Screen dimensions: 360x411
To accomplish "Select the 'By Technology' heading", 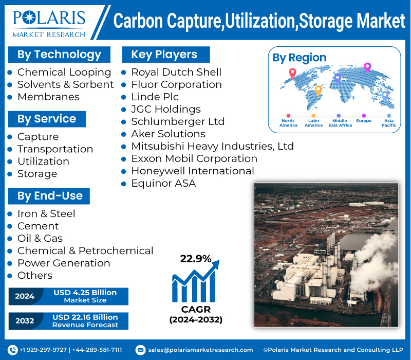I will (x=59, y=55).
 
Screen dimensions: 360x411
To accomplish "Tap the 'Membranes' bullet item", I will (x=48, y=97).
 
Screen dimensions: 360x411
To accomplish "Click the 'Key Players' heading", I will (x=164, y=55).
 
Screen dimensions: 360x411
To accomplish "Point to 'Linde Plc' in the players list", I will (x=155, y=97).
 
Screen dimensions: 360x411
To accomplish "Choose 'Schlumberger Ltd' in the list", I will (x=177, y=121).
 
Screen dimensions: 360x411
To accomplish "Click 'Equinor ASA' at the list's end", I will (x=163, y=183).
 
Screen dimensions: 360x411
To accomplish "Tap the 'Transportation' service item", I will (x=55, y=149).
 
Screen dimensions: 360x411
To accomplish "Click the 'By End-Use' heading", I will (x=50, y=196).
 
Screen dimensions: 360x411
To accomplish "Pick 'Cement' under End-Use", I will (x=38, y=226).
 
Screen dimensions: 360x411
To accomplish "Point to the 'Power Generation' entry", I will (x=64, y=263).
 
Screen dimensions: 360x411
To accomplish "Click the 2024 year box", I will (x=25, y=296).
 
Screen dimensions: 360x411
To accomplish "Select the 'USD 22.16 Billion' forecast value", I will (x=85, y=317).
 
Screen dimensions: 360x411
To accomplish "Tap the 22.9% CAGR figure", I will (x=195, y=259).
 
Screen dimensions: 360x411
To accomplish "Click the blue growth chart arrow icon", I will (x=195, y=282).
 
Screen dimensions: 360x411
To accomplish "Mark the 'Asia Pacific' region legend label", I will (x=388, y=123).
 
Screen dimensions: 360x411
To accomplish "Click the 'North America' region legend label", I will (x=288, y=123).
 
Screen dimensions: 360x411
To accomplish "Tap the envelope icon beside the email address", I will (x=140, y=350).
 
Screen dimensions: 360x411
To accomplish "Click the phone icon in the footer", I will (x=13, y=350).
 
